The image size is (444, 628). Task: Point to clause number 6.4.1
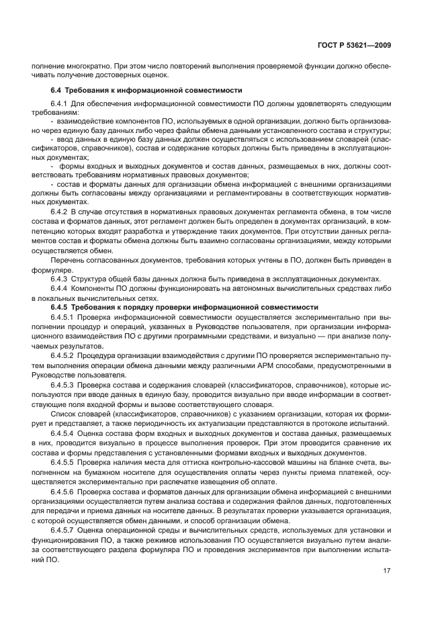click(x=59, y=104)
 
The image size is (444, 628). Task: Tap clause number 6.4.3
click(x=59, y=279)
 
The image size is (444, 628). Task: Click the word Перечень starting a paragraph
click(x=67, y=259)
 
